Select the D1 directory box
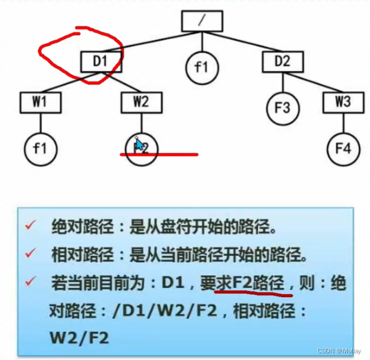101,61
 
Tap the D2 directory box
282,61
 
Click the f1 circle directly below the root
201,67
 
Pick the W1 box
39,103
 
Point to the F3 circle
282,107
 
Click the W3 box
344,103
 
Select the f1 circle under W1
39,149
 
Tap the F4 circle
343,149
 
